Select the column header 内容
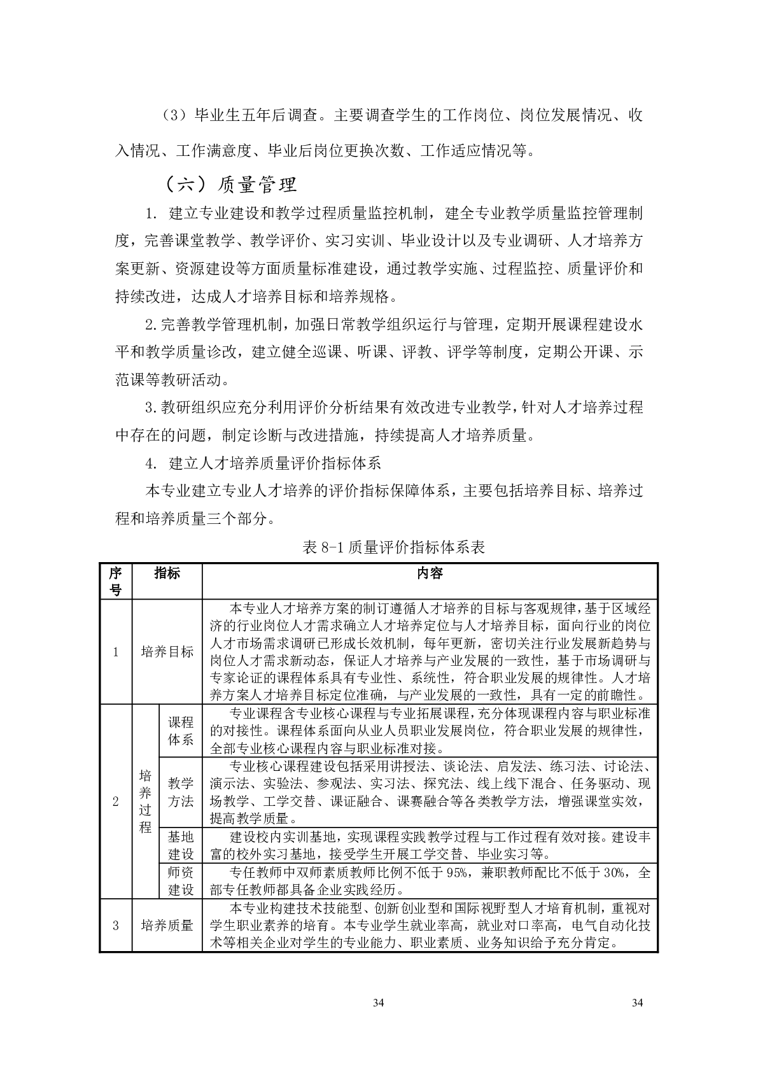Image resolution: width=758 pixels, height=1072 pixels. [430, 574]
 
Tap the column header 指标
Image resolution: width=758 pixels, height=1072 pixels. [167, 574]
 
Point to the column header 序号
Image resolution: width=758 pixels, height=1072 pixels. [115, 581]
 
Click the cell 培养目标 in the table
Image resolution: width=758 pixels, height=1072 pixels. [167, 652]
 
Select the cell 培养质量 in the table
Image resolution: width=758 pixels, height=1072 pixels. [167, 925]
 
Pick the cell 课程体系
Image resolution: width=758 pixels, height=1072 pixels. [180, 731]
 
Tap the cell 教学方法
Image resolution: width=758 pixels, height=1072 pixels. [180, 792]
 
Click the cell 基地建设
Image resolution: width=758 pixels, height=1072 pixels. [180, 845]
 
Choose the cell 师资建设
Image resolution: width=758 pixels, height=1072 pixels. [180, 881]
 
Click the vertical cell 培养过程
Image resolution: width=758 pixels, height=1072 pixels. [146, 801]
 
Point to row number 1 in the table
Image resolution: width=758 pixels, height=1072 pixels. [115, 652]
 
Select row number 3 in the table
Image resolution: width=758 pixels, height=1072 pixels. [115, 925]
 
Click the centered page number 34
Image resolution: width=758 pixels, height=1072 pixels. [379, 1003]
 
